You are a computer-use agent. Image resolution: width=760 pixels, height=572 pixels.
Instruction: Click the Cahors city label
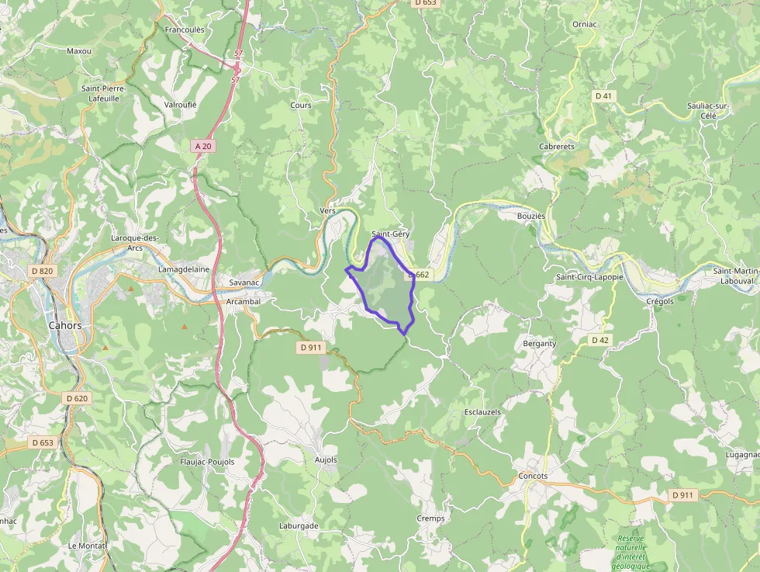click(65, 326)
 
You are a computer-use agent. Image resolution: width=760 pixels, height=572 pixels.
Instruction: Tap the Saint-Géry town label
click(390, 234)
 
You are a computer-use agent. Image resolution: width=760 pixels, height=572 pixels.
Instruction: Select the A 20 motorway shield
click(203, 146)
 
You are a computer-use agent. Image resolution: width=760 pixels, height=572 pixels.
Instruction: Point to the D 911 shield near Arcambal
click(310, 348)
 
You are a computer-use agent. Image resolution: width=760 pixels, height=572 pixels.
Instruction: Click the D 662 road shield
click(419, 275)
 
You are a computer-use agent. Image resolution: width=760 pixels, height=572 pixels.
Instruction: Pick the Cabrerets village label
click(557, 146)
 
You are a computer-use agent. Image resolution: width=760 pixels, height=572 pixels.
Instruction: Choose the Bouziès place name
click(531, 216)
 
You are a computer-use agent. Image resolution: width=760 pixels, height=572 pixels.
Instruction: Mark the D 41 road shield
click(603, 95)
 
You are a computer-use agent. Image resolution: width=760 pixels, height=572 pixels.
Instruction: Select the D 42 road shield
click(599, 340)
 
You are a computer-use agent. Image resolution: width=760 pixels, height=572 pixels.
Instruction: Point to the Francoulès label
click(185, 29)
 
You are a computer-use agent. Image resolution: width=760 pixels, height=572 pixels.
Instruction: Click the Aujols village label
click(326, 459)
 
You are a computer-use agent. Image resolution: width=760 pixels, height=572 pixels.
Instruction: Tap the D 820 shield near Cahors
click(42, 271)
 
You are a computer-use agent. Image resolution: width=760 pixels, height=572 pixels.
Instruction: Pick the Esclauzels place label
click(482, 412)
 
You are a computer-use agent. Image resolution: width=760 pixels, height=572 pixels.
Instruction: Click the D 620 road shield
click(77, 398)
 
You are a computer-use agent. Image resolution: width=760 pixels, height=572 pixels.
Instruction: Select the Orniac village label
click(584, 24)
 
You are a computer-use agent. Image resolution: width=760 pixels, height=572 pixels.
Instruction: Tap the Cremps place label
click(430, 518)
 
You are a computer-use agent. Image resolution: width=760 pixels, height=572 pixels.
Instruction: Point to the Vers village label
click(326, 211)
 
